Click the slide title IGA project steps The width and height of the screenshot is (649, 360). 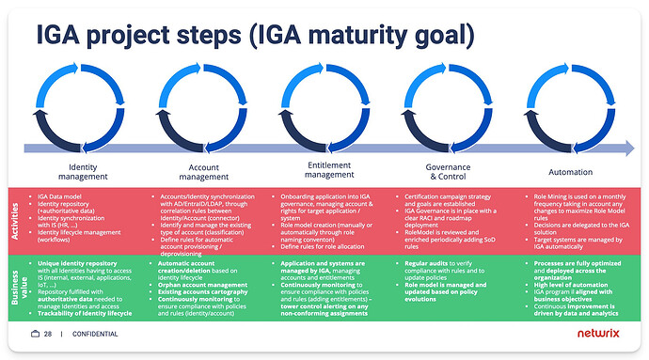(254, 35)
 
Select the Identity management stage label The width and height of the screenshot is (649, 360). (95, 172)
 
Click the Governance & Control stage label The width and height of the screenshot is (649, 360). (443, 172)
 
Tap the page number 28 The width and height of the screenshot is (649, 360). (48, 335)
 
